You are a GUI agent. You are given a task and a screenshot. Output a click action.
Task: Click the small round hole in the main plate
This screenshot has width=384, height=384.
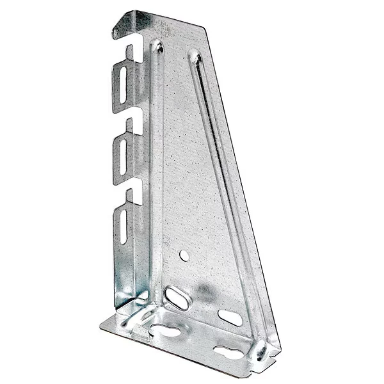click(184, 255)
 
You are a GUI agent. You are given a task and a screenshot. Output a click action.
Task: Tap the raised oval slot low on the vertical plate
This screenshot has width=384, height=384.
click(179, 298)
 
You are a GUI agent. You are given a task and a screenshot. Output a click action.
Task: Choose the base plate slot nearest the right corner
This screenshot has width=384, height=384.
click(229, 351)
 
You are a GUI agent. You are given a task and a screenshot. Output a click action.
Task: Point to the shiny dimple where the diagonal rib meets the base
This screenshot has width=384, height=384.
click(259, 349)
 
